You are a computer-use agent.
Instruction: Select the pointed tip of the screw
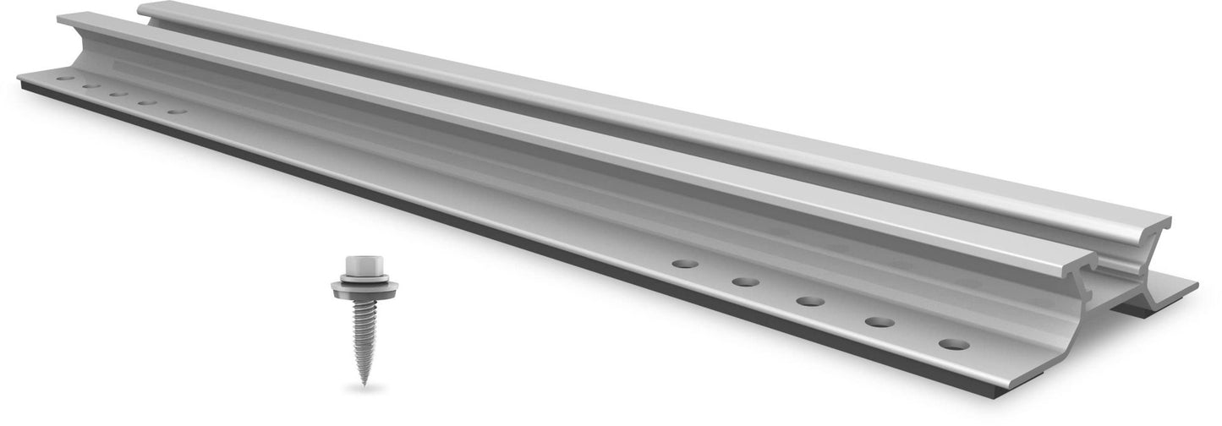pos(362,384)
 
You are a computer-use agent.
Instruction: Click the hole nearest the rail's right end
pos(953,345)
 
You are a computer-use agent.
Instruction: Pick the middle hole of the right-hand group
pos(809,301)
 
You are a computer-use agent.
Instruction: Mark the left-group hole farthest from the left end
pos(176,111)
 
